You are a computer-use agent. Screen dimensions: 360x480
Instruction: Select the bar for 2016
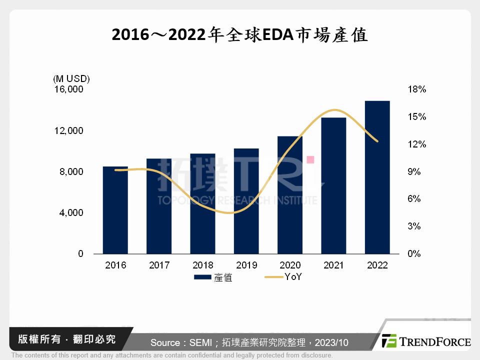point(115,210)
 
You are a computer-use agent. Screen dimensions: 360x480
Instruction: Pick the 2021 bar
point(333,185)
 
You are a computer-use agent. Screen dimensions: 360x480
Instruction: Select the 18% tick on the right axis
point(416,90)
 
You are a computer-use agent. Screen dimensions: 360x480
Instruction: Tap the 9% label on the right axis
point(418,172)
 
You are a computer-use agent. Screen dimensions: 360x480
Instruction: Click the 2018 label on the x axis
point(202,265)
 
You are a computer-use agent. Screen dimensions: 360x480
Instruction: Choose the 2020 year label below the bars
point(290,265)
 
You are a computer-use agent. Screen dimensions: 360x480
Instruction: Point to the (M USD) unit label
point(70,78)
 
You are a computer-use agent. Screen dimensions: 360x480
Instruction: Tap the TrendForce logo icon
point(389,341)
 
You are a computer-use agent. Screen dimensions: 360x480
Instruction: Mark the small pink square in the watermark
point(310,159)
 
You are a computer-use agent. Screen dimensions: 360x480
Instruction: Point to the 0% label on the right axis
point(418,254)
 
